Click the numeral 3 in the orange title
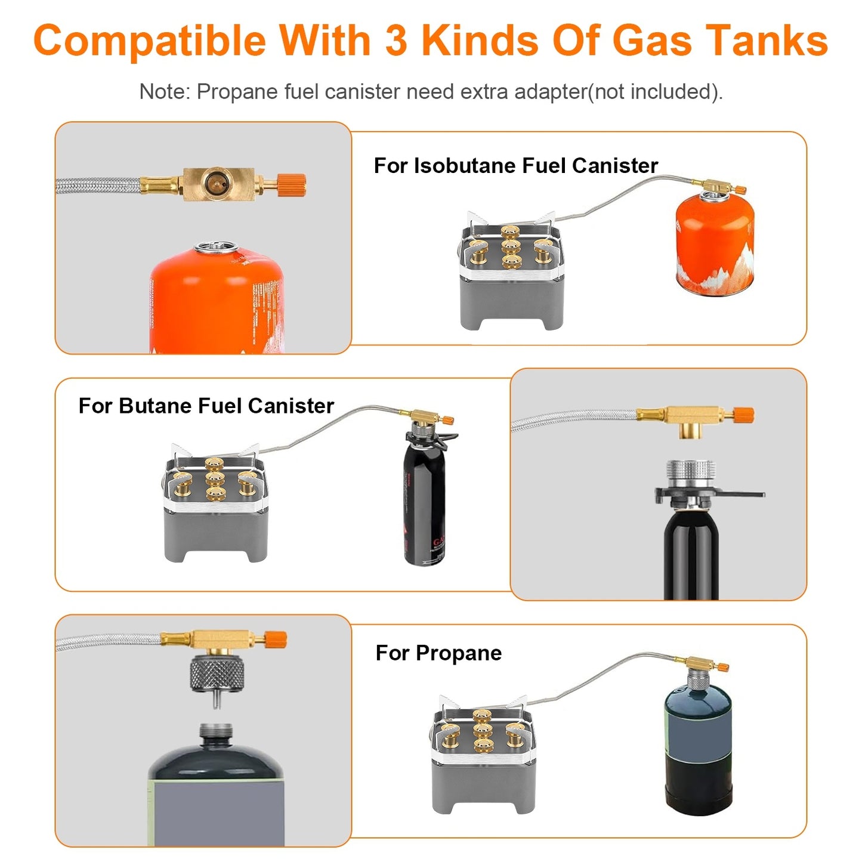pos(396,41)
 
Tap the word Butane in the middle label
pos(156,406)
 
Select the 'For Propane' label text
pos(438,653)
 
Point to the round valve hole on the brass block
pos(213,183)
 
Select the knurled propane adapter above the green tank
pos(216,675)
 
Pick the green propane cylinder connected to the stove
pos(697,746)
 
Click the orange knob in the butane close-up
pos(743,415)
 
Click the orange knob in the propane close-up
pos(276,639)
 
